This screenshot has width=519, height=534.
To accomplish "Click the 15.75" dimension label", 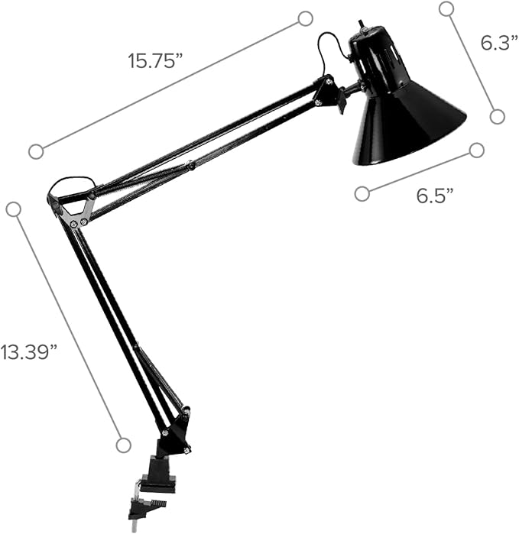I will click(x=155, y=61).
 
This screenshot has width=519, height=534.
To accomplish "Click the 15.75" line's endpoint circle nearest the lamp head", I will click(x=305, y=18).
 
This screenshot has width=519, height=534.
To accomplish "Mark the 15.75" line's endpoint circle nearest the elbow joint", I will click(x=36, y=151).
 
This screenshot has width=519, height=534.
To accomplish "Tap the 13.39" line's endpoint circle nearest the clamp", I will click(x=123, y=445).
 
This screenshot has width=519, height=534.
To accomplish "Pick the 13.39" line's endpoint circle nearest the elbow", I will click(x=13, y=209).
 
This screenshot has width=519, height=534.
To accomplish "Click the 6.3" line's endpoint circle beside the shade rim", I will click(x=497, y=116).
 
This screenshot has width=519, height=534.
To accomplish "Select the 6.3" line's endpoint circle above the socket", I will click(x=446, y=9).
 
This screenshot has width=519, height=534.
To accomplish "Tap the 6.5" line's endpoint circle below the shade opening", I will click(x=362, y=193).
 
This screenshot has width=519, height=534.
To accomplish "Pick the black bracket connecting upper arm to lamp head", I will click(x=329, y=93).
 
